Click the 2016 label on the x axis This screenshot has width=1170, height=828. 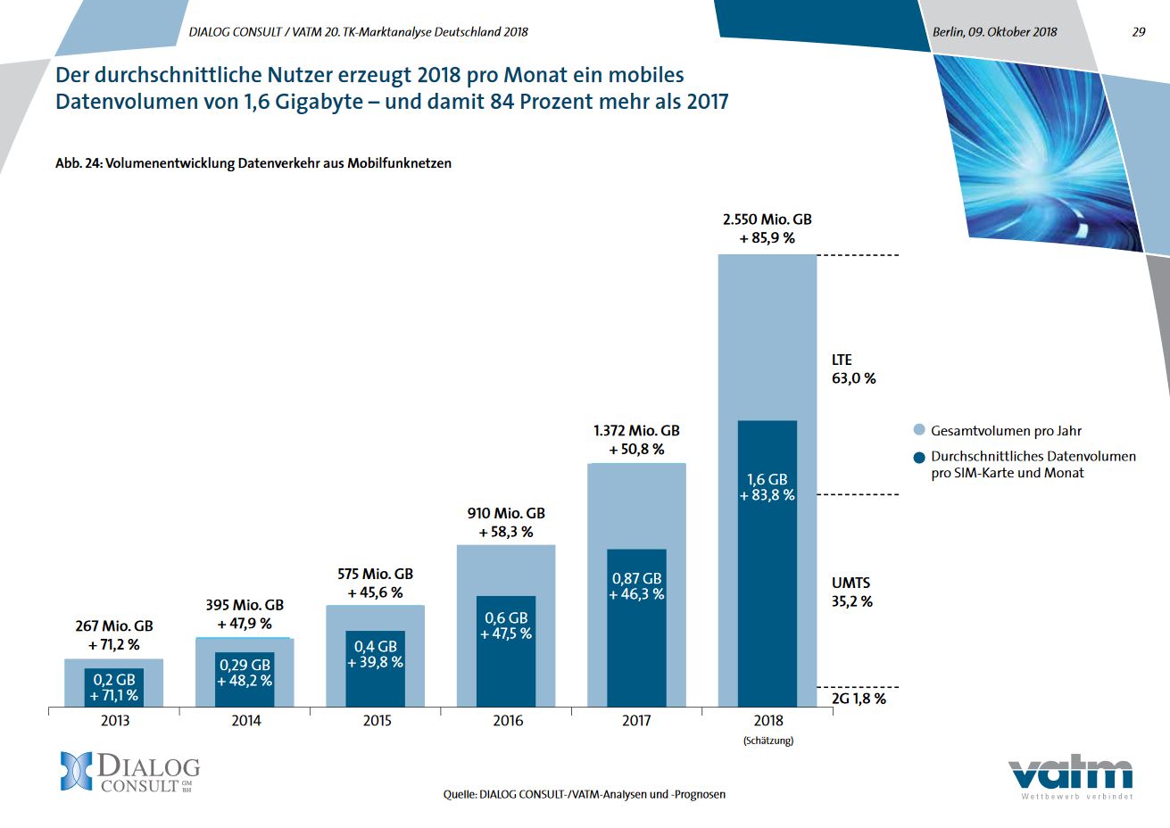(508, 721)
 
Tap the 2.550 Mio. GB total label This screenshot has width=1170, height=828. (767, 219)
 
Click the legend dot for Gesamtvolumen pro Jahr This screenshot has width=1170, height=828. (919, 431)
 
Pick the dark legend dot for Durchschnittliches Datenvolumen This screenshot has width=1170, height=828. (919, 457)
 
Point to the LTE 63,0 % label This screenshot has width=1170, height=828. (853, 369)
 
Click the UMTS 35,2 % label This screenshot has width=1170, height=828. (851, 592)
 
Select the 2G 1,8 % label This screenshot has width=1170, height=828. (859, 699)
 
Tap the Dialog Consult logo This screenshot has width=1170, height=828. (130, 773)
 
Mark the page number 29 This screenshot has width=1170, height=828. (1138, 32)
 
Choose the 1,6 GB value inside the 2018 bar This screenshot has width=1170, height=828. (767, 480)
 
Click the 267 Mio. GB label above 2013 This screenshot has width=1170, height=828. (114, 626)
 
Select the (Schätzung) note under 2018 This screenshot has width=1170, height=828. (768, 741)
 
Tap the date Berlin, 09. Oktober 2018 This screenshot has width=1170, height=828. (994, 32)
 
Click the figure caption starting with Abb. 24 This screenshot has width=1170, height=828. (253, 163)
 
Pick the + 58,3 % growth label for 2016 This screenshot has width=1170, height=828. (506, 532)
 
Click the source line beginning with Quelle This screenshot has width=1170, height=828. (585, 794)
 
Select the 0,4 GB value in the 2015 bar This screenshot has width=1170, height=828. (375, 646)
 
